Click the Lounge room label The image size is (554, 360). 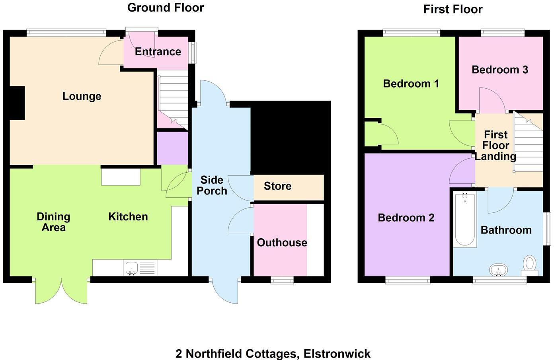click(x=82, y=96)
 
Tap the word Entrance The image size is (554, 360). click(x=158, y=51)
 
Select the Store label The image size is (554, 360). click(x=277, y=186)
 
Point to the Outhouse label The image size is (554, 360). click(x=282, y=243)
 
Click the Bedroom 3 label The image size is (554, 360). click(x=499, y=70)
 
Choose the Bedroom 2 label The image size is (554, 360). click(x=406, y=218)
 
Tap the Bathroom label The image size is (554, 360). click(x=506, y=230)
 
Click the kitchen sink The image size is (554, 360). click(x=132, y=268)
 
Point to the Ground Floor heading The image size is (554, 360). click(x=166, y=8)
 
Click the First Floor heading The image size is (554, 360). click(x=453, y=9)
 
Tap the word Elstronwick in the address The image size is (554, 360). click(x=337, y=353)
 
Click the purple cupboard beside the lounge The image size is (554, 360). click(x=172, y=148)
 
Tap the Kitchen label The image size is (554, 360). click(x=128, y=217)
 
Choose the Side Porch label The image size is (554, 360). click(x=212, y=185)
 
